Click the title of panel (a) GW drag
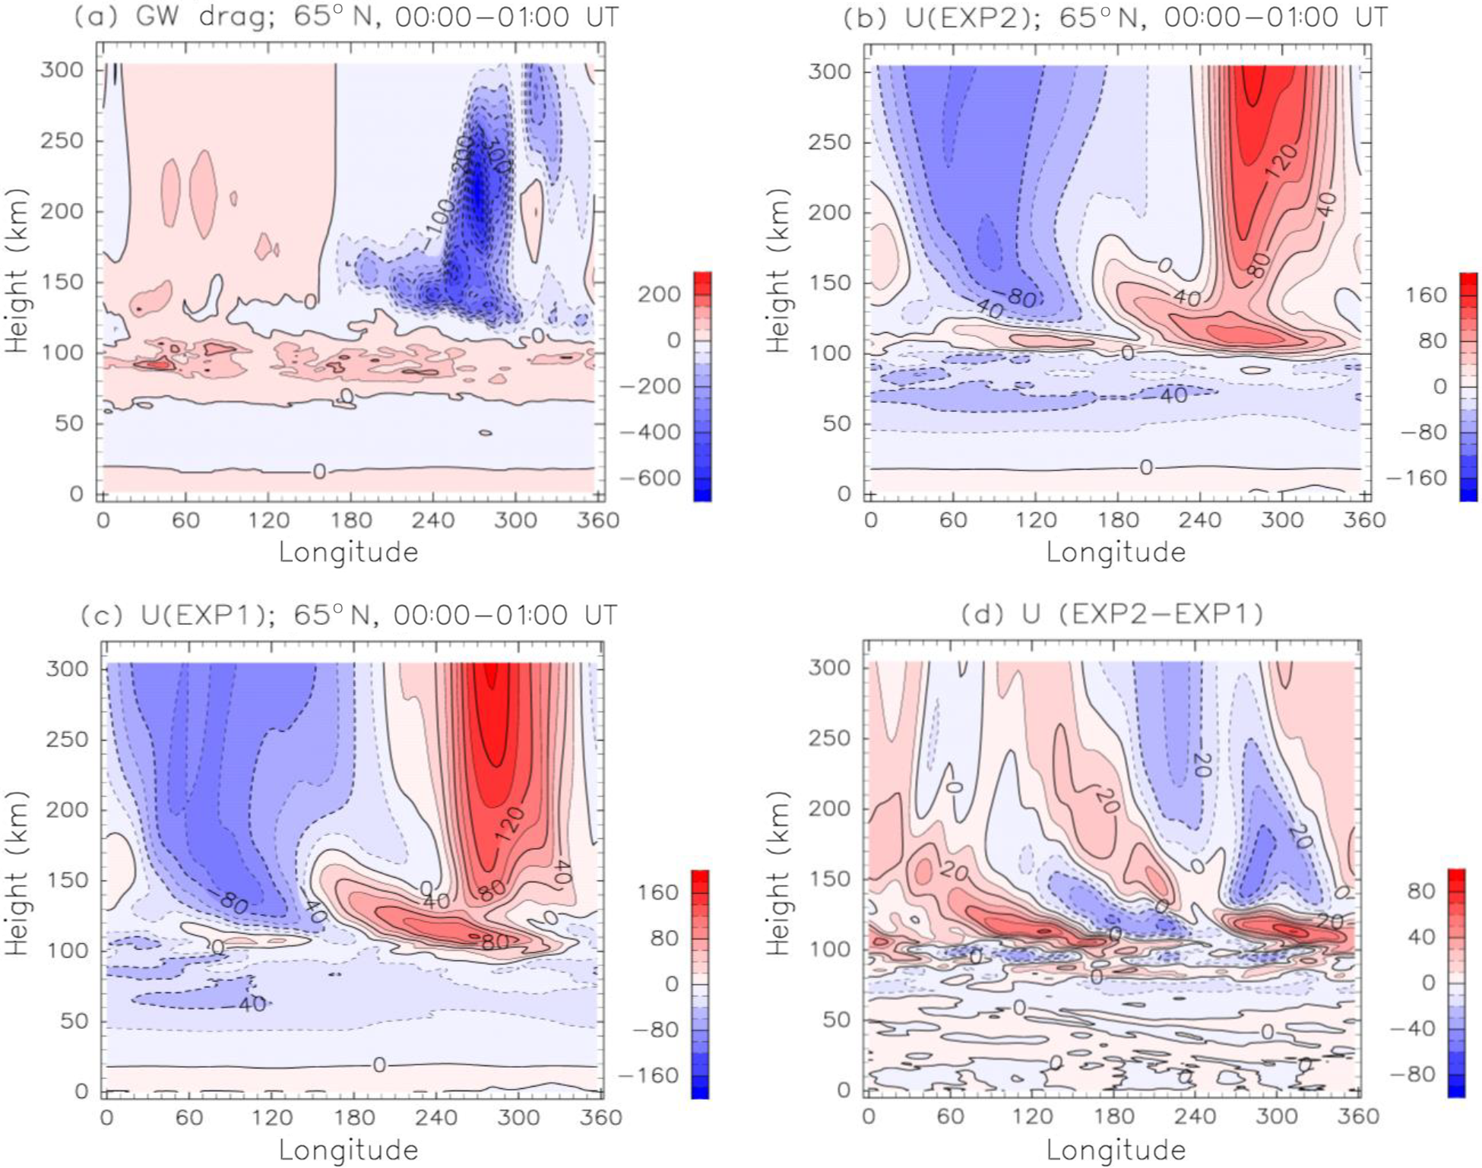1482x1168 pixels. (x=346, y=17)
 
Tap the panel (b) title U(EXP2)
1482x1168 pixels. (x=1115, y=17)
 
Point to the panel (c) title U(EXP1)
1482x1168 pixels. (x=348, y=615)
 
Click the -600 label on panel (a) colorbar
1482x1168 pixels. (x=649, y=478)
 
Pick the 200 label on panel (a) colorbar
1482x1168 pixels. (x=659, y=294)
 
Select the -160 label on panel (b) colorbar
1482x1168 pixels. (x=1416, y=478)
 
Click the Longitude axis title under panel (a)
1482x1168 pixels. (x=348, y=552)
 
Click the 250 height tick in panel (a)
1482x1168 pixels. (x=61, y=141)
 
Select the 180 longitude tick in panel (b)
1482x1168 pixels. (x=1118, y=521)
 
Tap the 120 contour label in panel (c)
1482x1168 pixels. (x=511, y=822)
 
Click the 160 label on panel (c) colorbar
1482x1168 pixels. (x=658, y=892)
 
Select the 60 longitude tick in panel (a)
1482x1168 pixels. (x=185, y=521)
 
